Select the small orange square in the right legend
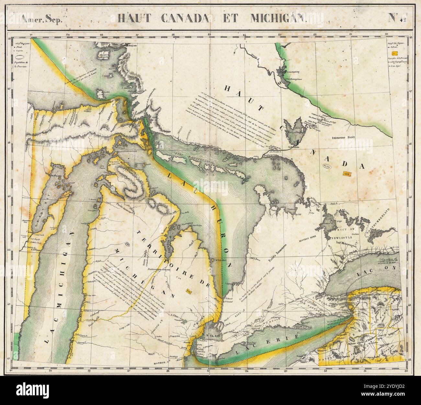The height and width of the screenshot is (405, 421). (394, 53)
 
